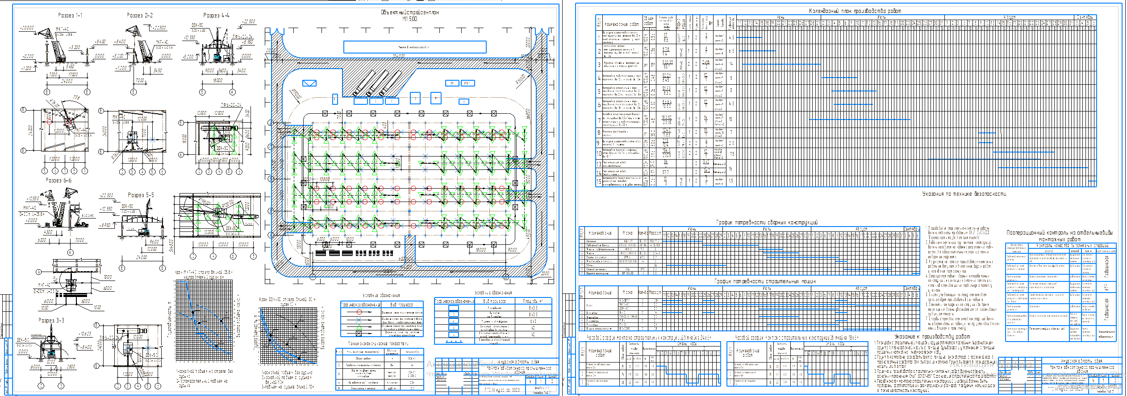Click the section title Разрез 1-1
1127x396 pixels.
click(x=70, y=15)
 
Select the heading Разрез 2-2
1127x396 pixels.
click(x=140, y=15)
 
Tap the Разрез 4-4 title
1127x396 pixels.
click(x=217, y=15)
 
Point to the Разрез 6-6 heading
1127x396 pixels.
click(x=58, y=180)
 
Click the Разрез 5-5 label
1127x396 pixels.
click(x=141, y=195)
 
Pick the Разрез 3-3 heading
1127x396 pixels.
click(x=51, y=320)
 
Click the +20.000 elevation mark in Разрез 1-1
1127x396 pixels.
click(x=27, y=28)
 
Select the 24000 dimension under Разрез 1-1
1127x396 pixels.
click(x=67, y=82)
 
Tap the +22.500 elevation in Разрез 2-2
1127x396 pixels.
click(x=159, y=28)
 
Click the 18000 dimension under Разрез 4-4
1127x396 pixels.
click(x=217, y=81)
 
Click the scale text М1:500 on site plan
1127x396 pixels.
click(x=409, y=19)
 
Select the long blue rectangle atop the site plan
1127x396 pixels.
click(x=414, y=47)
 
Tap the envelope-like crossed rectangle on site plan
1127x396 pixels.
click(x=309, y=83)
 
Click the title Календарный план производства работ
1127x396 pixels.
click(x=855, y=11)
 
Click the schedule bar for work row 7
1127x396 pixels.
click(x=860, y=120)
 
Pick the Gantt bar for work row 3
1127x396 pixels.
click(x=781, y=64)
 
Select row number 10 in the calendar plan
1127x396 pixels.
click(x=599, y=153)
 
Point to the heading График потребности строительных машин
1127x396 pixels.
click(x=765, y=281)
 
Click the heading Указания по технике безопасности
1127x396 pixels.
click(x=964, y=194)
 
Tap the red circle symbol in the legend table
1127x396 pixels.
click(x=359, y=312)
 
